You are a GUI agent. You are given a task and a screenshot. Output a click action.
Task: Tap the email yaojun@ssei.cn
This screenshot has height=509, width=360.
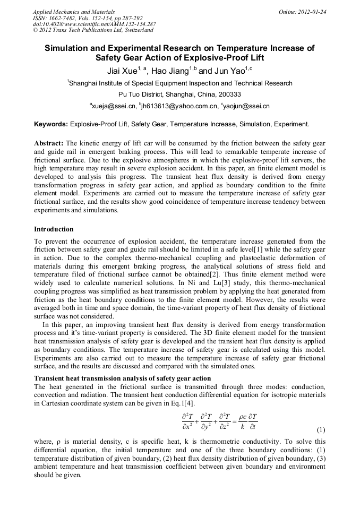(246, 106)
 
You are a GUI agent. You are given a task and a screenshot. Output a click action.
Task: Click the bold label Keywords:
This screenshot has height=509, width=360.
(51, 124)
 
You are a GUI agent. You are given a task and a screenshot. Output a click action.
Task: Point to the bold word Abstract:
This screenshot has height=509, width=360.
(49, 143)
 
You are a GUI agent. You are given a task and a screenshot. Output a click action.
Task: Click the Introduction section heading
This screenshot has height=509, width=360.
(54, 229)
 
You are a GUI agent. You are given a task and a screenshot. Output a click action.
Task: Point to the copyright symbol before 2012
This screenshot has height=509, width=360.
(36, 30)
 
